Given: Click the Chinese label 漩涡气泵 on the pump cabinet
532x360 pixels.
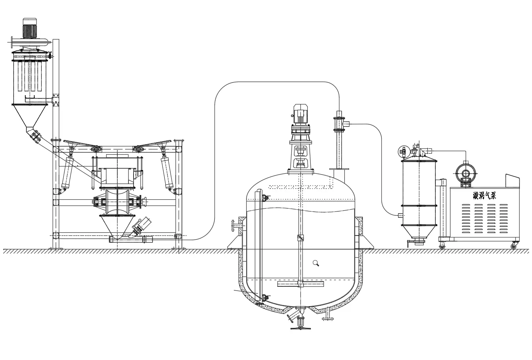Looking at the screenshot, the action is click(484, 196).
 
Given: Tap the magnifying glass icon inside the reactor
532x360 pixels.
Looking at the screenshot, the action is click(316, 263).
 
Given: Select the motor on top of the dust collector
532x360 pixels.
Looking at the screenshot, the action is click(30, 28).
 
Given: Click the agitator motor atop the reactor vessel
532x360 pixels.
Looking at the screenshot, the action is click(301, 114).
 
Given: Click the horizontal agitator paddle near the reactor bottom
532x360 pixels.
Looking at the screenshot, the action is click(301, 284).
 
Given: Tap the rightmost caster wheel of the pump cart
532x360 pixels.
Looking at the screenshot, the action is click(513, 246).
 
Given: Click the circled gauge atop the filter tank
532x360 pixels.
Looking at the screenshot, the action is click(404, 151).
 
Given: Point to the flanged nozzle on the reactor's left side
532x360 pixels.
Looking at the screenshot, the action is click(236, 226).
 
